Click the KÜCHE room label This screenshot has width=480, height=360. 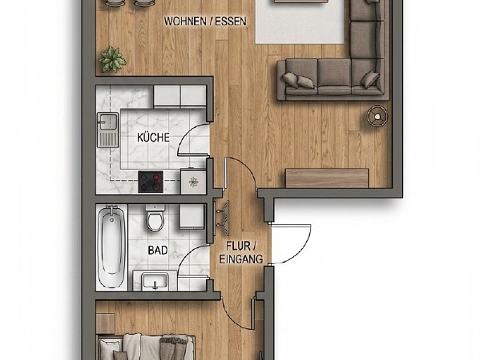tap(153, 137)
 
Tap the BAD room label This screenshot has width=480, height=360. tap(157, 251)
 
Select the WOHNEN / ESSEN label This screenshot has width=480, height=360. tap(205, 21)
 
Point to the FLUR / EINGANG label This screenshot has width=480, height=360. tap(241, 253)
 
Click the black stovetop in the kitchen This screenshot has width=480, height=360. tap(150, 181)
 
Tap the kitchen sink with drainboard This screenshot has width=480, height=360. tap(108, 130)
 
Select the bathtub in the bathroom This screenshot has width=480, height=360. tap(111, 247)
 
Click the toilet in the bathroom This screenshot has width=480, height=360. tap(155, 217)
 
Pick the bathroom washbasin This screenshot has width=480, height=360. tap(155, 281)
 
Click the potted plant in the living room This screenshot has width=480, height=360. tap(112, 59)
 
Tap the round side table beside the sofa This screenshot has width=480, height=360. tap(378, 116)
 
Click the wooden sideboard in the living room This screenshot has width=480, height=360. tap(327, 178)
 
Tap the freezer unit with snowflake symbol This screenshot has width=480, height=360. tap(193, 181)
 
